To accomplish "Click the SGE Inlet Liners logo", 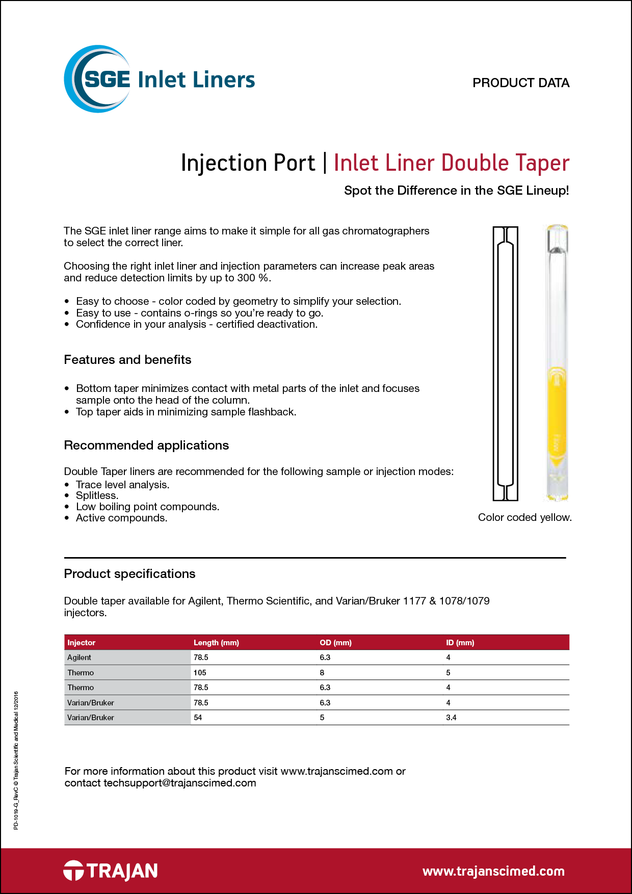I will (x=159, y=80).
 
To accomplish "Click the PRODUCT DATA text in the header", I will (x=520, y=83).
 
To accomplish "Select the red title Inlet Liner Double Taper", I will (x=451, y=163).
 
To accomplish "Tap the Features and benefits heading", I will (x=127, y=360).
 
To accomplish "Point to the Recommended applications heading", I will (x=146, y=445).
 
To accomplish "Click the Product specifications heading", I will (x=129, y=574).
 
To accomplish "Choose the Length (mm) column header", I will (x=216, y=643).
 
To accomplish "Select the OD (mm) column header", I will (x=335, y=643).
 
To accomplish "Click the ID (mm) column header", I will (x=460, y=643).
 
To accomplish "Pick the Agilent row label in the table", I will (x=79, y=658).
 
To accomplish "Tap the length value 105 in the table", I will (x=200, y=673).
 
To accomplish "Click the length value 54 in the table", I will (x=198, y=718).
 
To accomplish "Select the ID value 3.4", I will (x=451, y=718).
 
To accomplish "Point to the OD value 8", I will (x=322, y=673).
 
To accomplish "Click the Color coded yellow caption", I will (x=524, y=517).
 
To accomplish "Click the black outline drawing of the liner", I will (x=505, y=363).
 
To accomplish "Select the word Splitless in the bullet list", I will (x=97, y=495).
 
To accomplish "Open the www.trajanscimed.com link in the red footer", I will (x=493, y=871).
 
